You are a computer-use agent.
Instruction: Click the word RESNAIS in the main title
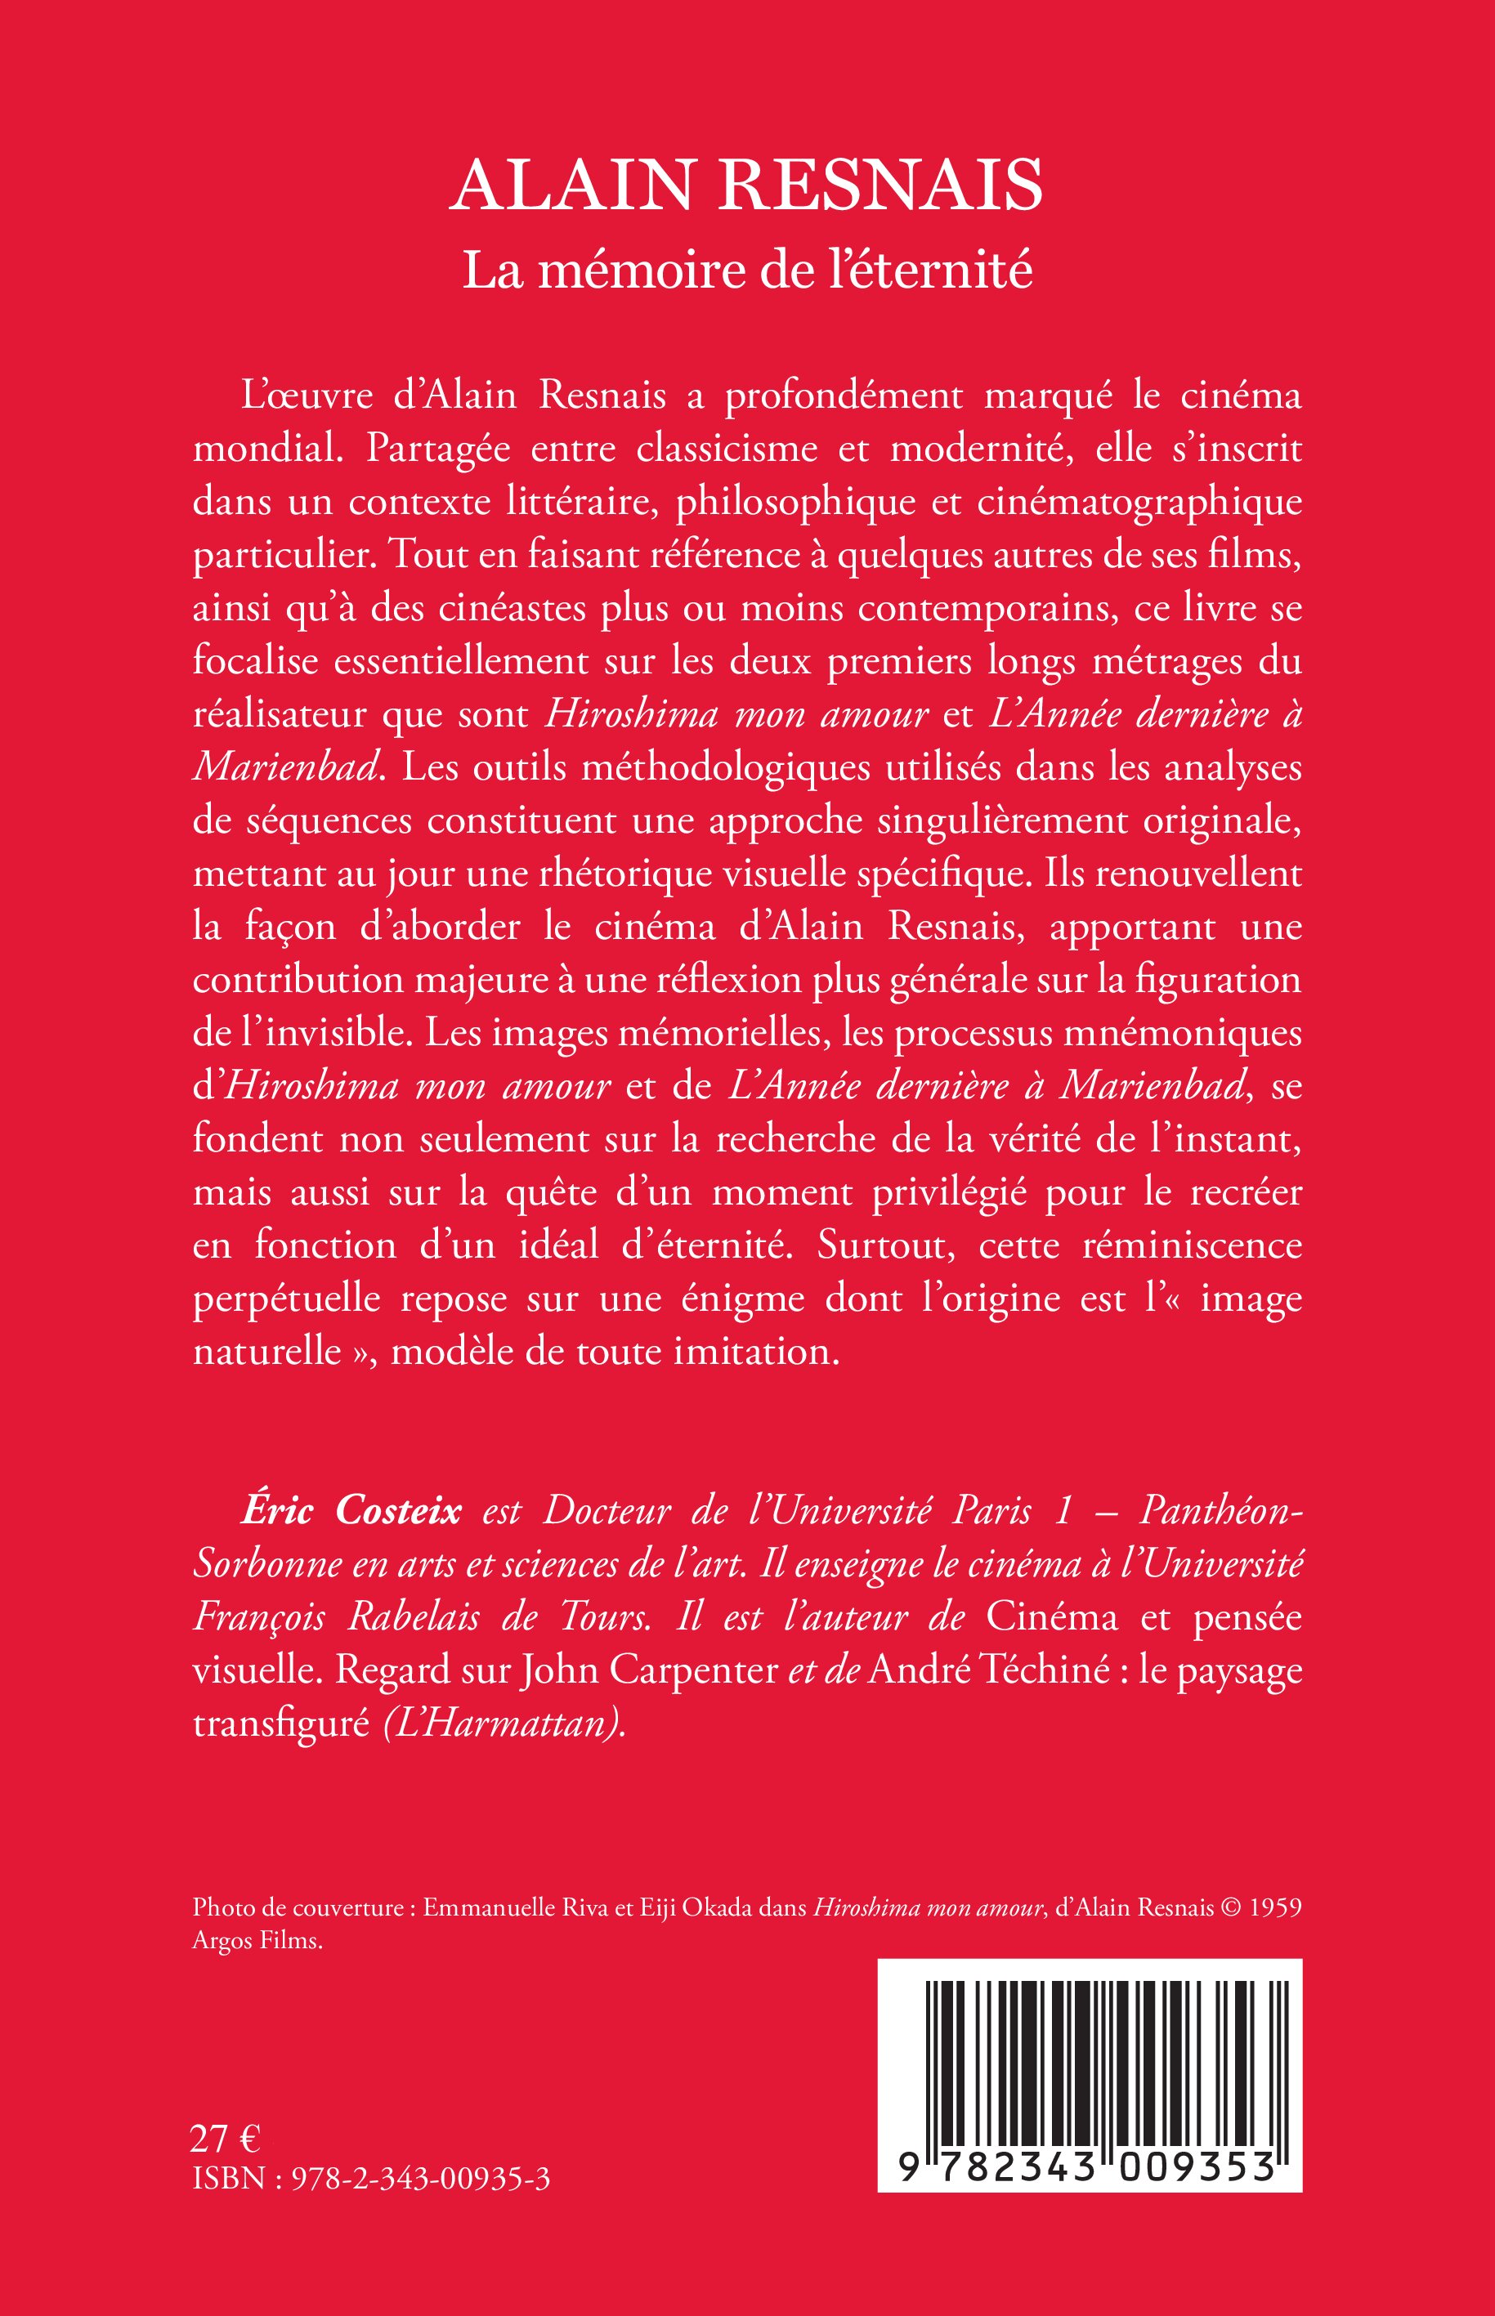tap(880, 185)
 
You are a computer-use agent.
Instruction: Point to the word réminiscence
tap(1192, 1245)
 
